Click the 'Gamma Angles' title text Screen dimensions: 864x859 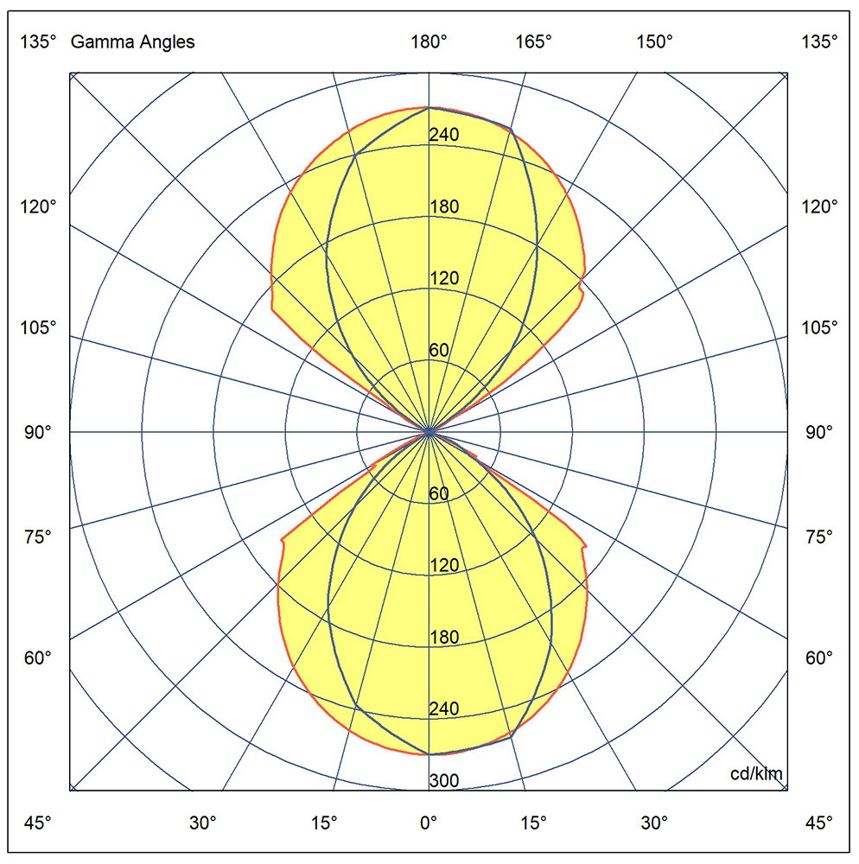point(132,41)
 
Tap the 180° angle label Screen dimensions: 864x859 point(429,41)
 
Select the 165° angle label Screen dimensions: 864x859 point(533,41)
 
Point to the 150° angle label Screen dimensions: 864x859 point(654,41)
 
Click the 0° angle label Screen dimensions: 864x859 point(429,822)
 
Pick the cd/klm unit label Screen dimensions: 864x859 point(756,773)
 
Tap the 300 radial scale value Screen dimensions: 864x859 point(444,781)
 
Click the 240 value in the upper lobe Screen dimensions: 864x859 point(444,135)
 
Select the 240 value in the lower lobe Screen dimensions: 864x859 point(444,709)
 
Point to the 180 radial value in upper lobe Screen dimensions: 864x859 point(444,206)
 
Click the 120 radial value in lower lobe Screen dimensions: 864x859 point(444,566)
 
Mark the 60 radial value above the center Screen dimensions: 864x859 point(439,350)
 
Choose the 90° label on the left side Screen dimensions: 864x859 point(39,431)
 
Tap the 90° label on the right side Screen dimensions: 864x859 point(818,431)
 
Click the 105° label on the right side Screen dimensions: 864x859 point(818,327)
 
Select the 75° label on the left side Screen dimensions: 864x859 point(39,536)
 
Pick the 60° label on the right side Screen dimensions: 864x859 point(818,658)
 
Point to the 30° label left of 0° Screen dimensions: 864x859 point(203,822)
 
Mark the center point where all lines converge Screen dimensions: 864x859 point(429,430)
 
